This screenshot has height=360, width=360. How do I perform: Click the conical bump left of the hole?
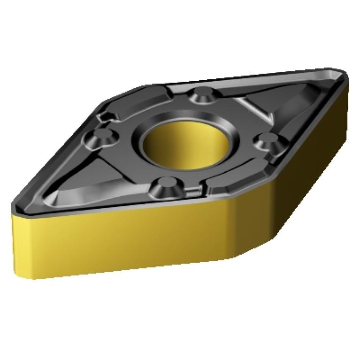pos(100,138)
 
